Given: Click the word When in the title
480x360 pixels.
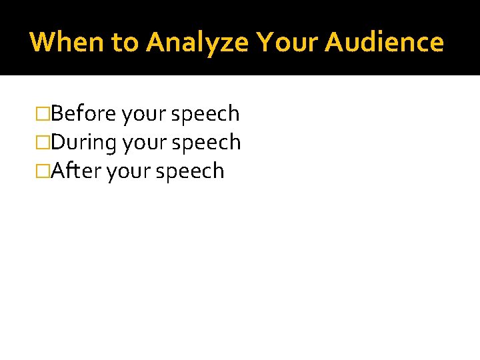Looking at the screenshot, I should point(67,42).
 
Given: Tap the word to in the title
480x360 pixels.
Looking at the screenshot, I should point(125,42).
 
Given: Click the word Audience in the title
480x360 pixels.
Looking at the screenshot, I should point(385,42).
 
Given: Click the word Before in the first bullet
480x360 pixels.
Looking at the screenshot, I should point(84,114).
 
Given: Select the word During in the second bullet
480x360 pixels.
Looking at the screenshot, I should point(85,143).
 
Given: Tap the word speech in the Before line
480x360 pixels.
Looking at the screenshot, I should point(205,115).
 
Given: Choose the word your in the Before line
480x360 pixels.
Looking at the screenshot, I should point(145,115).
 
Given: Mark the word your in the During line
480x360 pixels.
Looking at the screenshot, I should point(146,143).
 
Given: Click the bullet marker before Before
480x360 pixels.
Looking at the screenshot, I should point(45,114).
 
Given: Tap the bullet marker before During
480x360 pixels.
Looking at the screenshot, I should point(45,143).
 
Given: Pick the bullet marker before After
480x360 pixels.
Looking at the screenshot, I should point(45,171).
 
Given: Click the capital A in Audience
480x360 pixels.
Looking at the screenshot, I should point(335,42).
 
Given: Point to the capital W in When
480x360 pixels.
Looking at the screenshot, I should point(43,42).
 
